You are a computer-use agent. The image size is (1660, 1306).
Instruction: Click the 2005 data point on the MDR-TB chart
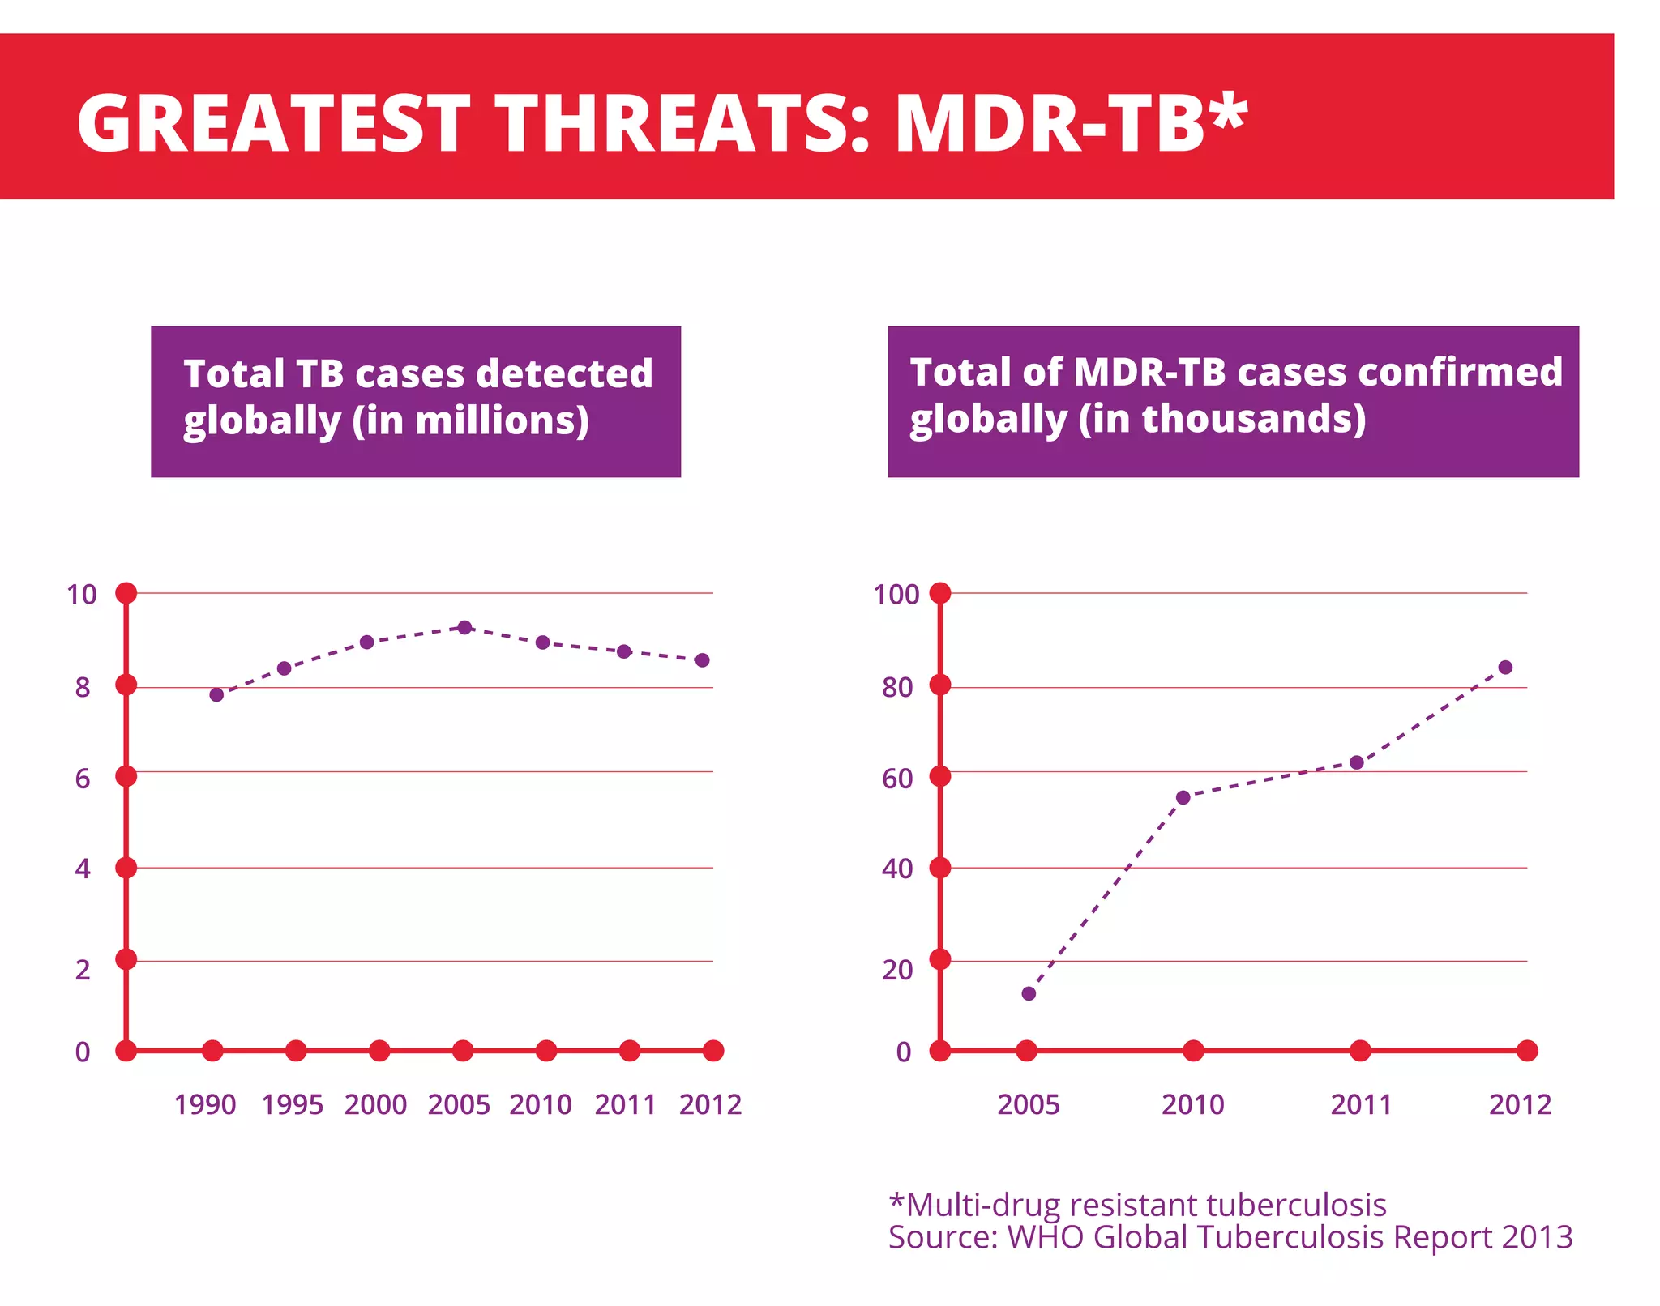tap(1029, 993)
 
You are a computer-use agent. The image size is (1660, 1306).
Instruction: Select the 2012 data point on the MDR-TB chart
tap(1505, 668)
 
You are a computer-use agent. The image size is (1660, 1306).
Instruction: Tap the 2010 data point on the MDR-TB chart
tap(1183, 797)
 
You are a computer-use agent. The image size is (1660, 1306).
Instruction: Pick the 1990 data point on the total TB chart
tap(216, 694)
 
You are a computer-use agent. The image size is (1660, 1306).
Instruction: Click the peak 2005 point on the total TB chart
tap(464, 627)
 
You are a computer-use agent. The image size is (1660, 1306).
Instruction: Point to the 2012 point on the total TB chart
tap(703, 660)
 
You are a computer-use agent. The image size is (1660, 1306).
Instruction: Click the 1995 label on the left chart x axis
tap(292, 1104)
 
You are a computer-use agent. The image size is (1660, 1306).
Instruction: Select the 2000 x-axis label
tap(375, 1104)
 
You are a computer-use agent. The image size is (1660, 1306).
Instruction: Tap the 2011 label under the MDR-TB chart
tap(1361, 1104)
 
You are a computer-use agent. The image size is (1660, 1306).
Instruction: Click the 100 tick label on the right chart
tap(896, 595)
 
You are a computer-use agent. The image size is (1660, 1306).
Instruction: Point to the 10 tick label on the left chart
tap(81, 595)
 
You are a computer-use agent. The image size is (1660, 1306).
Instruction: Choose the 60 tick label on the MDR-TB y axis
tap(897, 779)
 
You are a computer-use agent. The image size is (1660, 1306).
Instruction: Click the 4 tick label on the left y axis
tap(83, 869)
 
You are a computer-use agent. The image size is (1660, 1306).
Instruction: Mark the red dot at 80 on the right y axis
tap(940, 685)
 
